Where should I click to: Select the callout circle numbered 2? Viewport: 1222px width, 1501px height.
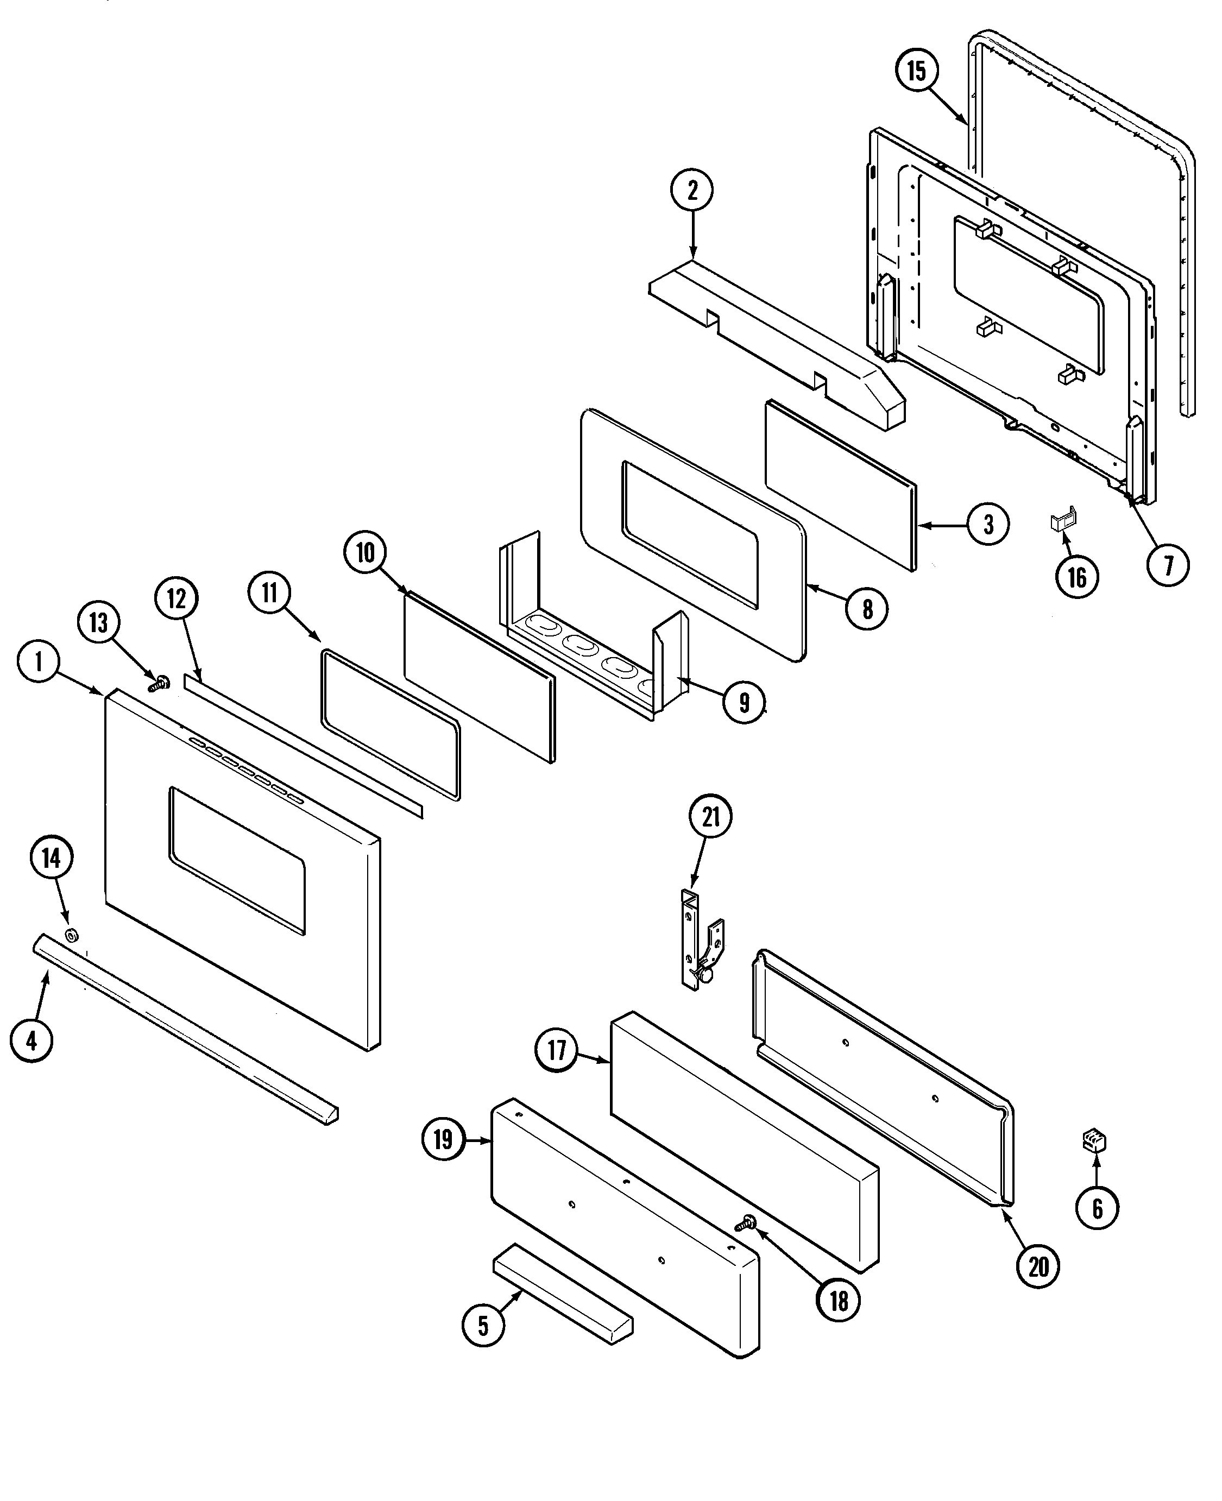click(x=692, y=190)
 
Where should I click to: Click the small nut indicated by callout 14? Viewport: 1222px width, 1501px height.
click(x=71, y=936)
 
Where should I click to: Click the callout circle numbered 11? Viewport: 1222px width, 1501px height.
click(x=269, y=593)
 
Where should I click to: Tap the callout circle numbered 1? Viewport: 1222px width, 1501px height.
click(x=38, y=661)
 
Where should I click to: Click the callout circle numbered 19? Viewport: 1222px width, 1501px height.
click(x=443, y=1139)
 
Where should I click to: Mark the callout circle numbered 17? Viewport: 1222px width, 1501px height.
click(x=556, y=1051)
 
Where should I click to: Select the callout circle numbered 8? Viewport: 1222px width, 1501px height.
click(x=867, y=609)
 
